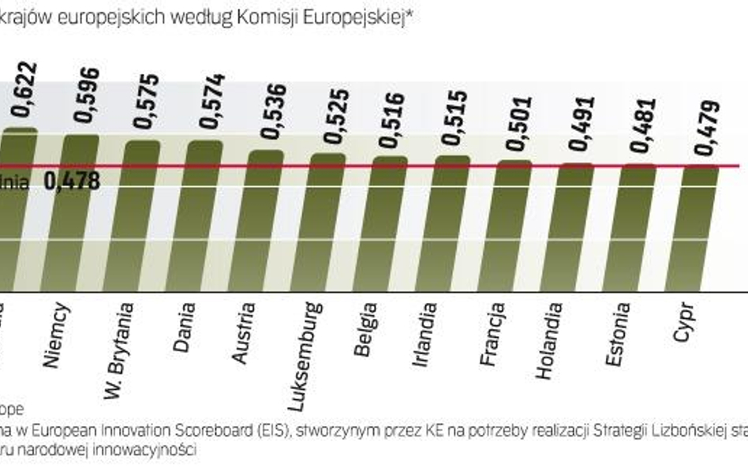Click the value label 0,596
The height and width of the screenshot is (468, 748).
pyautogui.click(x=87, y=95)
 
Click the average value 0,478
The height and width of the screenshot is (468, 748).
pyautogui.click(x=72, y=182)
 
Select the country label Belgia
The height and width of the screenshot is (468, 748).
pyautogui.click(x=366, y=329)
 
